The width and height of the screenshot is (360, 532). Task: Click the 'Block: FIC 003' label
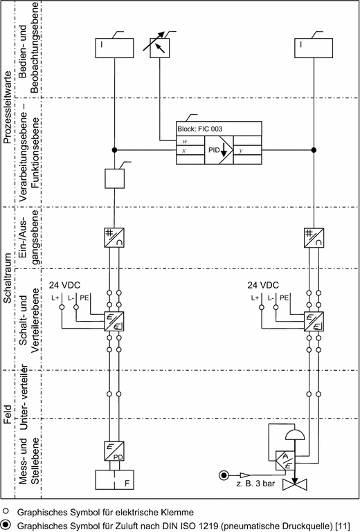(x=199, y=129)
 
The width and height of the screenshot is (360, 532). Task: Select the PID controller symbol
(x=219, y=150)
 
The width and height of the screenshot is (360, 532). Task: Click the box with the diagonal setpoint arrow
(x=160, y=48)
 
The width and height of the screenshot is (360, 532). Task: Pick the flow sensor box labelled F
(x=114, y=479)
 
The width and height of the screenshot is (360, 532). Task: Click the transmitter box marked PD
(x=114, y=451)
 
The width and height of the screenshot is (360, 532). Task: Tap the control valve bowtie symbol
(x=295, y=484)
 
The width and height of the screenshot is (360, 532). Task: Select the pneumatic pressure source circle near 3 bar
(x=224, y=475)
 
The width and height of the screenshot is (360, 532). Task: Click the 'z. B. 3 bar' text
(x=255, y=483)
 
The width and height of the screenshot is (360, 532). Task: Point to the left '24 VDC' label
(x=64, y=285)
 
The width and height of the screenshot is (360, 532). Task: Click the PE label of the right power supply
(x=285, y=297)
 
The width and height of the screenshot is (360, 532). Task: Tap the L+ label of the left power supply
(x=55, y=298)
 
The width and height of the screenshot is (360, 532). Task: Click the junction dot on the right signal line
(x=314, y=150)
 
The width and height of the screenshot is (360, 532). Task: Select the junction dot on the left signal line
(x=114, y=150)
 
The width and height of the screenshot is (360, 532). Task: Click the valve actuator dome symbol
(x=295, y=435)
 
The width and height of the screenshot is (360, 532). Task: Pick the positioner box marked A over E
(x=285, y=461)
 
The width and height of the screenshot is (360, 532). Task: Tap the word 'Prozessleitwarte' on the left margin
(x=8, y=108)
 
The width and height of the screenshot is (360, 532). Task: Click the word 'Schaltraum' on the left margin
(x=8, y=278)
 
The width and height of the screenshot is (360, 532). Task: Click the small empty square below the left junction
(x=114, y=178)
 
